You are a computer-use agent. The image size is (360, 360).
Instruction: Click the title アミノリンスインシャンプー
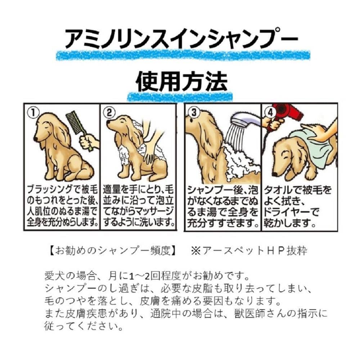(181, 39)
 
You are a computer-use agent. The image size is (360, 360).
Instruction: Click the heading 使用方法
(181, 81)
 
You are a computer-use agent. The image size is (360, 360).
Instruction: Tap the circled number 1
(33, 113)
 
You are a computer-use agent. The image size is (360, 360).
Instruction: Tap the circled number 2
(109, 113)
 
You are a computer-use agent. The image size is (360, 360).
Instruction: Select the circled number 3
(194, 112)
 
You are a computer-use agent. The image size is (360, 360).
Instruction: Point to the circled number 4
(270, 112)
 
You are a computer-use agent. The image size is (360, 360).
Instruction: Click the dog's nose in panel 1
(36, 139)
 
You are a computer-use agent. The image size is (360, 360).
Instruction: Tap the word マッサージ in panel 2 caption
(154, 212)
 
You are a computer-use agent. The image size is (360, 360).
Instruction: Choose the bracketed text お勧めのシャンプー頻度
(114, 251)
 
